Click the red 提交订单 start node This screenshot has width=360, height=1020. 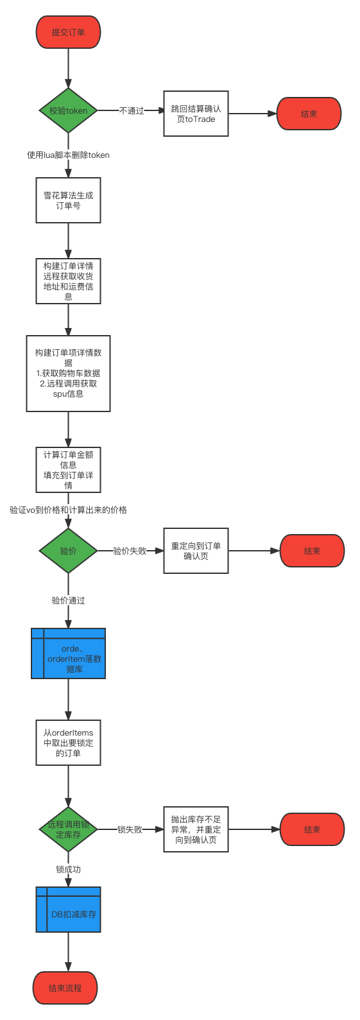68,32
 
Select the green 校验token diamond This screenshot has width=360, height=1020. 68,110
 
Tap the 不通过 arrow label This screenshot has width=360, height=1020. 132,110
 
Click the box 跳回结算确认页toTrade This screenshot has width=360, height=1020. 196,114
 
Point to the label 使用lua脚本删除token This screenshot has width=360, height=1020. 68,155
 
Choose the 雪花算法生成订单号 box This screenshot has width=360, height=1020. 68,200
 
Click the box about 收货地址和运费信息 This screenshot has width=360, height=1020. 68,281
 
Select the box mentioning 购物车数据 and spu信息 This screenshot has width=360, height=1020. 68,373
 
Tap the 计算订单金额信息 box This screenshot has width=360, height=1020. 68,470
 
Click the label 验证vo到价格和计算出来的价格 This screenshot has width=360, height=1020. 68,510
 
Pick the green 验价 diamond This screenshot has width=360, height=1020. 68,551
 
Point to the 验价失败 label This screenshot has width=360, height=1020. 130,551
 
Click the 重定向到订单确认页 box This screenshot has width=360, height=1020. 196,551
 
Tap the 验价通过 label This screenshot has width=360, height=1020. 68,600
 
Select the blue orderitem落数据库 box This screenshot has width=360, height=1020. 68,653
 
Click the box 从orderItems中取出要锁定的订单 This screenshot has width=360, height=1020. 68,743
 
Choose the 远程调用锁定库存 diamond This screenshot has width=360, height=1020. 68,829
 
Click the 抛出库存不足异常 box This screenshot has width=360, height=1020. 196,829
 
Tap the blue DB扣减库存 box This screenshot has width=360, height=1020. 68,910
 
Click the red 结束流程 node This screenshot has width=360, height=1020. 65,988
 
